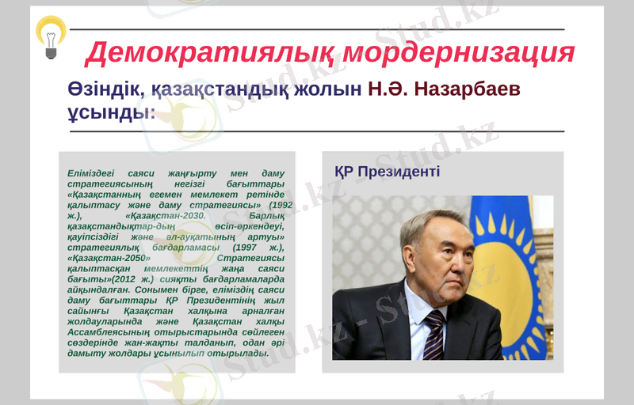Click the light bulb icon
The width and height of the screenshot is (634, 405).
[51, 36]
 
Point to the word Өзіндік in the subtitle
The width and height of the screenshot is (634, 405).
[104, 89]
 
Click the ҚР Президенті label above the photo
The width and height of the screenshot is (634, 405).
[387, 172]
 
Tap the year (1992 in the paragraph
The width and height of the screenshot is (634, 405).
[269, 204]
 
